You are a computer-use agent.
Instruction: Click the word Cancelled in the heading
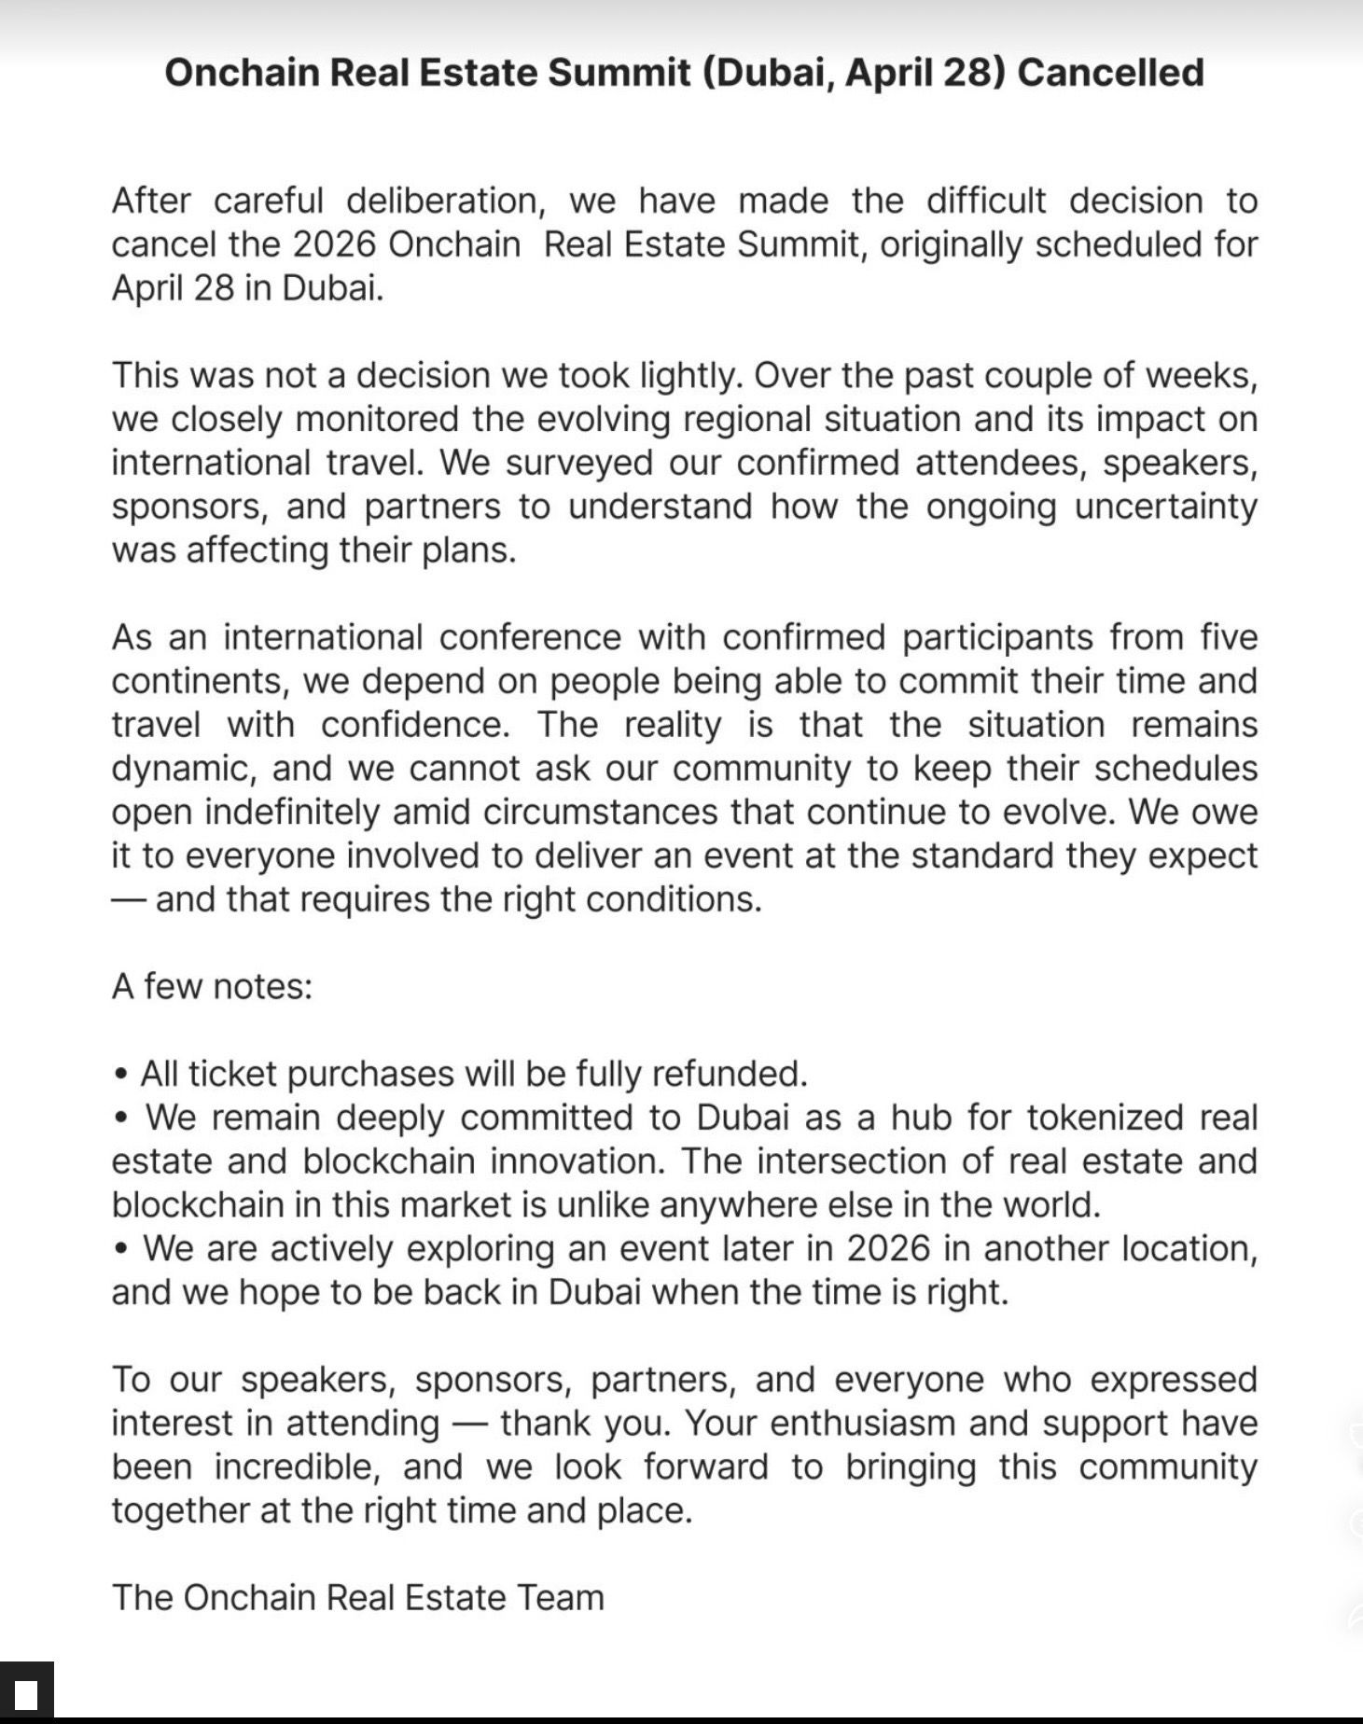click(x=1110, y=73)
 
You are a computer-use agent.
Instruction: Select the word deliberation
click(x=442, y=201)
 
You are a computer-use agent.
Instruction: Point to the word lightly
click(x=689, y=375)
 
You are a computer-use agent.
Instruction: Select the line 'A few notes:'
click(x=212, y=987)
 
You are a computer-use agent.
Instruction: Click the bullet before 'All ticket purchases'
click(x=119, y=1075)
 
